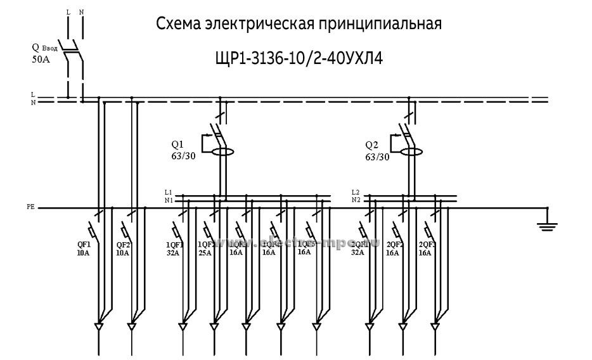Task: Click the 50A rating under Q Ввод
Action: point(42,60)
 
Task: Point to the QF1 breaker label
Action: point(84,244)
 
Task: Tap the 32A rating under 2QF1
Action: point(357,252)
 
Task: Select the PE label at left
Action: point(30,207)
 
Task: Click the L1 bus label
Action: point(168,192)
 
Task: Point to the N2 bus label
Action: point(356,200)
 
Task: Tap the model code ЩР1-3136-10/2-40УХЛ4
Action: point(299,59)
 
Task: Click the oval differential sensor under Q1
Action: point(221,152)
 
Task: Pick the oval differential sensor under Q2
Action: point(410,152)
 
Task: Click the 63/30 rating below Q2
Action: point(378,157)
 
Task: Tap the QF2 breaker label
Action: point(123,244)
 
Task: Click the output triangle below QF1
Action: point(98,327)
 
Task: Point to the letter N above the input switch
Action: point(82,12)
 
